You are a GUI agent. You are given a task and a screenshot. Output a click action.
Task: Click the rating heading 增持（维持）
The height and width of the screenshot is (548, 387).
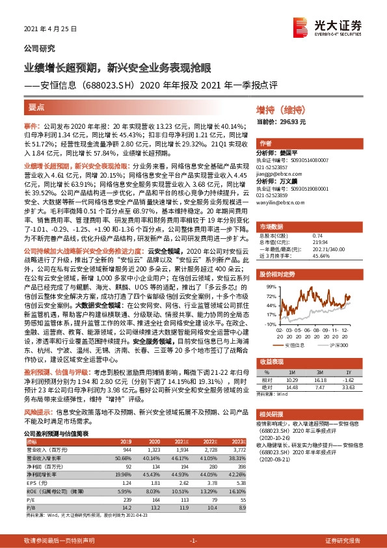tap(276, 111)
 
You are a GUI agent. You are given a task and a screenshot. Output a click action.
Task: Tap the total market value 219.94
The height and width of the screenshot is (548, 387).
tap(314, 233)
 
